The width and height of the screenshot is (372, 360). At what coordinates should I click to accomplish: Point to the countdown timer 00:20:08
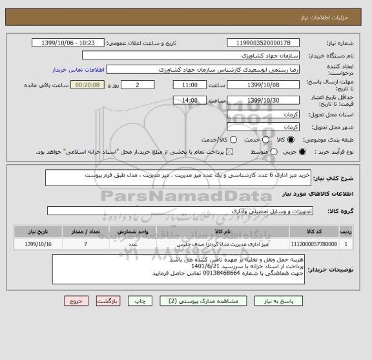(87, 85)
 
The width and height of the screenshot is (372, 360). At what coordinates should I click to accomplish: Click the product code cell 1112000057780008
(313, 244)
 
